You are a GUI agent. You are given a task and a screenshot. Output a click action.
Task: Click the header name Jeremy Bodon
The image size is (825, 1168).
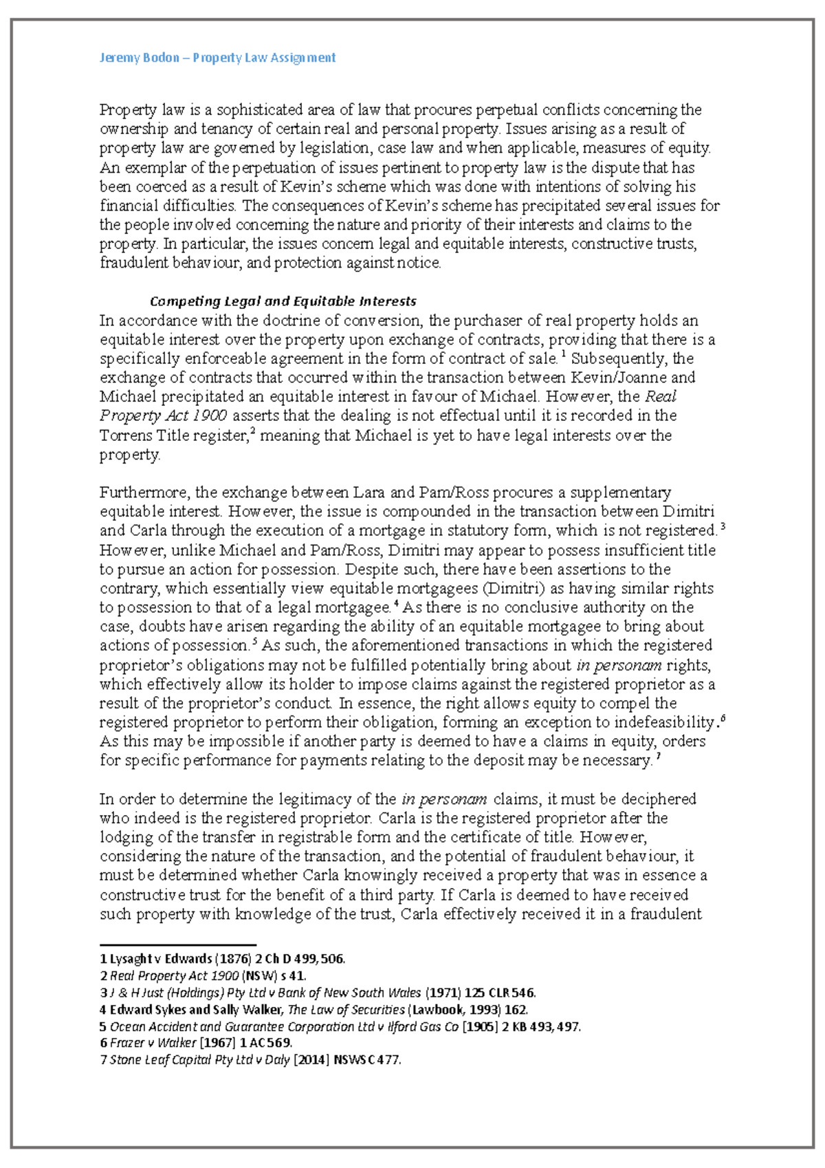point(140,58)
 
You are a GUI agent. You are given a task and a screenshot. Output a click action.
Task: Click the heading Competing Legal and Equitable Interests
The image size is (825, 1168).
point(283,301)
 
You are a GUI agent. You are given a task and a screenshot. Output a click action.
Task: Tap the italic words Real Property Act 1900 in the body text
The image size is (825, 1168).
point(163,415)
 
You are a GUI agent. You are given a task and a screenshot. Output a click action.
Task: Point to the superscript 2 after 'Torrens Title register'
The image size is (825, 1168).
point(252,431)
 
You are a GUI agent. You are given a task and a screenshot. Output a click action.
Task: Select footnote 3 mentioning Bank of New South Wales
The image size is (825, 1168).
point(318,993)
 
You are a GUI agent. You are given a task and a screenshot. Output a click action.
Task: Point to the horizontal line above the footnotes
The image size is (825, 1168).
point(177,945)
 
